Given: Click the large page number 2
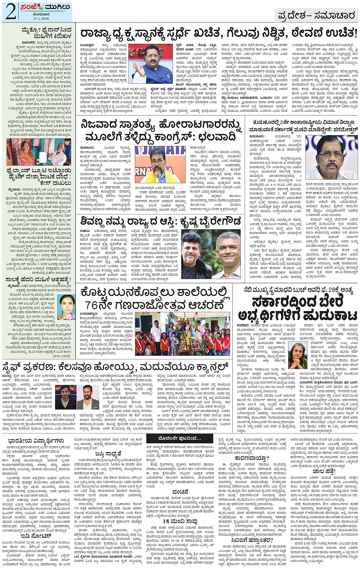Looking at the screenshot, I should tap(10, 11).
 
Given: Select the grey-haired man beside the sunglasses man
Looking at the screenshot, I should tap(227, 255).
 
